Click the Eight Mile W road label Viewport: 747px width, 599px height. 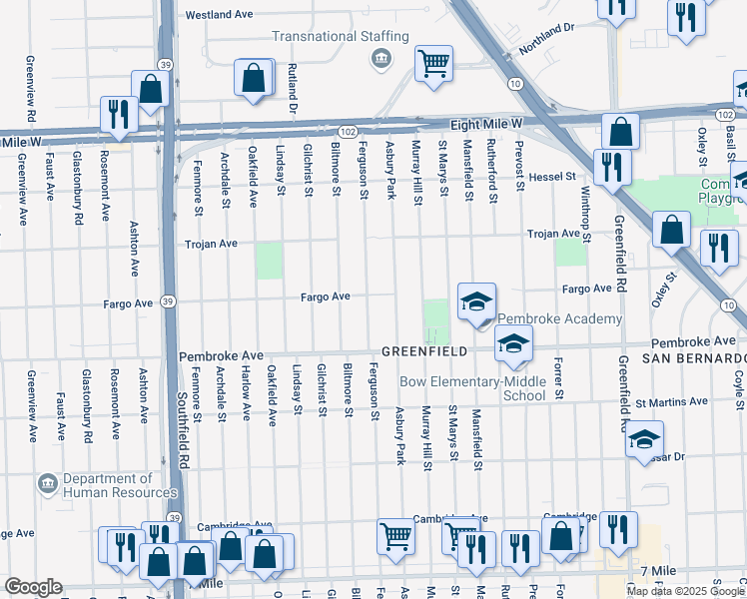487,123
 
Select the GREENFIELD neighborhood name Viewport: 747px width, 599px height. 423,351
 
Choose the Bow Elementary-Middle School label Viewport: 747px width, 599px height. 472,388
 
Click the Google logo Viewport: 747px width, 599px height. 33,587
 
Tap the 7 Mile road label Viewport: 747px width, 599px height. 658,570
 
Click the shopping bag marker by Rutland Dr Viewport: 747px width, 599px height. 255,77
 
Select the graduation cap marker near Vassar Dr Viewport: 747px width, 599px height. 644,439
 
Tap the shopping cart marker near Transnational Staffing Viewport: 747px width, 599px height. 433,64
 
